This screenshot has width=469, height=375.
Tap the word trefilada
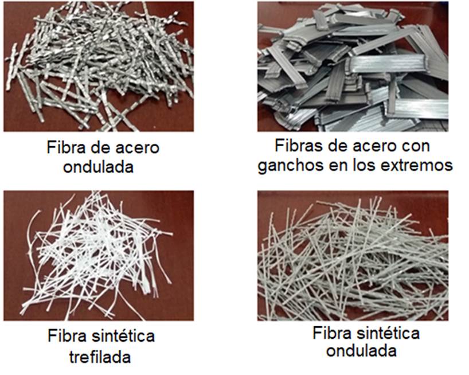(100, 357)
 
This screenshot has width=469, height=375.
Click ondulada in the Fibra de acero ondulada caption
(99, 166)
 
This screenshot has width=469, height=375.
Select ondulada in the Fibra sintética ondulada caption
(361, 350)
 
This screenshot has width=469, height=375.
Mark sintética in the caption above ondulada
(388, 333)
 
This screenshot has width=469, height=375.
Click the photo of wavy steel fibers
(99, 67)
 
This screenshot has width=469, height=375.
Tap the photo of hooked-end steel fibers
(353, 67)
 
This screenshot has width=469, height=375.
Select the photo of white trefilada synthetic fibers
(99, 256)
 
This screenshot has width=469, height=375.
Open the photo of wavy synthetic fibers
(353, 256)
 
